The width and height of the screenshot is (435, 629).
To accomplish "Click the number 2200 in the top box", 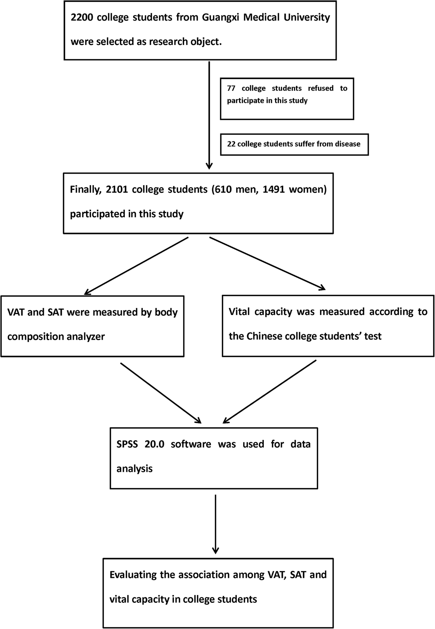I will (84, 17).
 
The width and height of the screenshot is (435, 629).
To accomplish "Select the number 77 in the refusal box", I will (231, 88).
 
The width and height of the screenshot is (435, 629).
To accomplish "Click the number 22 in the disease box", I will (231, 144).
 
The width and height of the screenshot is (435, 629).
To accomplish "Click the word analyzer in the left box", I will (86, 336).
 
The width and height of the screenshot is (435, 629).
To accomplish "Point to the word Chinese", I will (264, 336).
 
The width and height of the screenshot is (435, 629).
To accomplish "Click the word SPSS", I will (127, 444).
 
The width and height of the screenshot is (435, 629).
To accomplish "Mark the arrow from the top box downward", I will (209, 114).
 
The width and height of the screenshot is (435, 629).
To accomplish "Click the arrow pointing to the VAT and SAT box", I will (136, 266).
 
